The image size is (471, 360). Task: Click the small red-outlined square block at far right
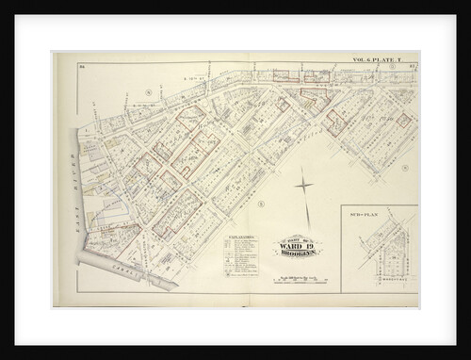point(402,121)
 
